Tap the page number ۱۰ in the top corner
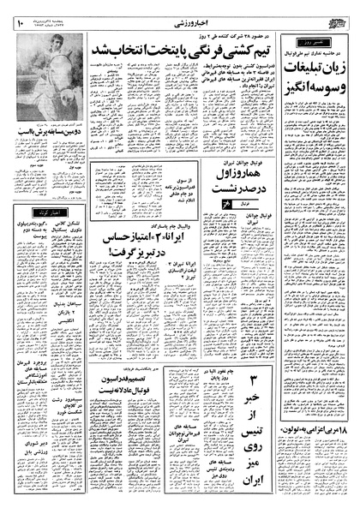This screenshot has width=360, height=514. tap(18, 12)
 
